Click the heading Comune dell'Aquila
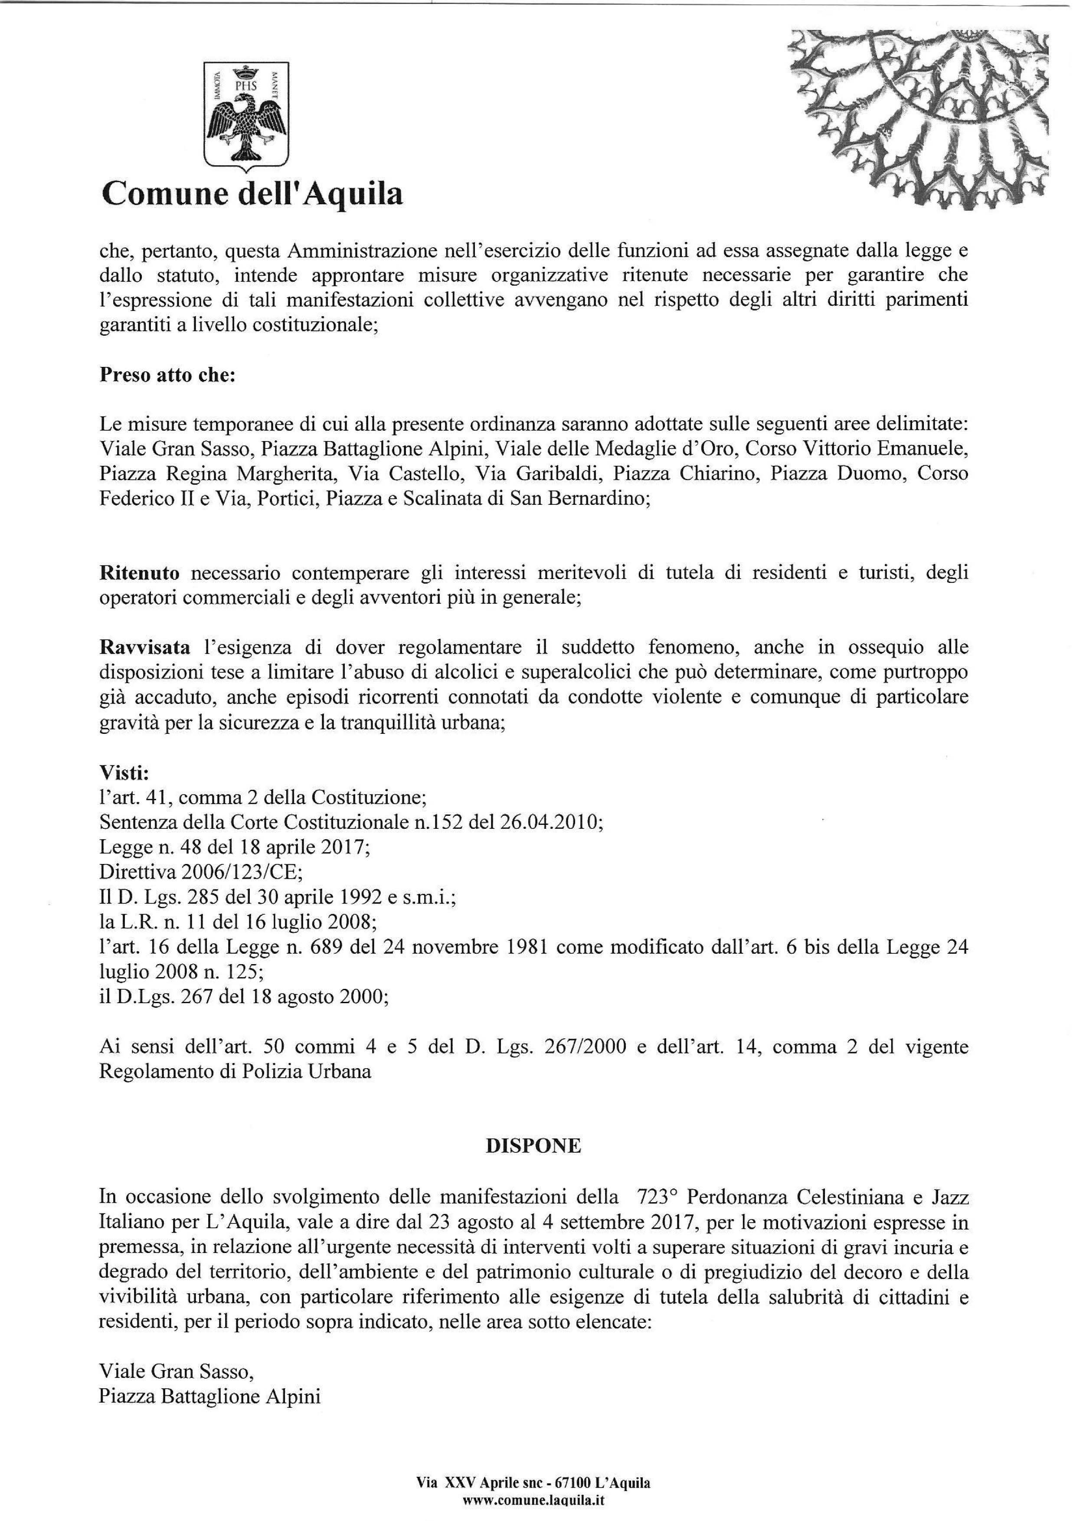[x=252, y=194]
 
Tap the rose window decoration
[x=928, y=119]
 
